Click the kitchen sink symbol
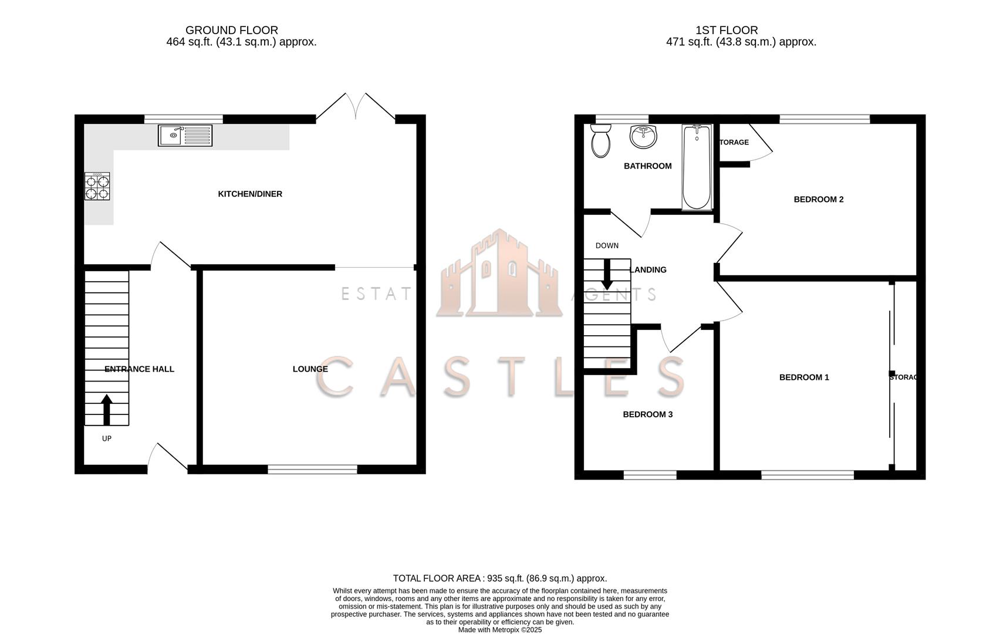coord(185,136)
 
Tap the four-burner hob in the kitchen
coord(97,187)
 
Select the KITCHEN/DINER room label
coord(250,194)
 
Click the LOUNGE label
coord(310,369)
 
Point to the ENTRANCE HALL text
coord(139,369)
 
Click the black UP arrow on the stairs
coord(106,409)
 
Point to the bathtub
coord(697,167)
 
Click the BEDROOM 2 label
coord(818,199)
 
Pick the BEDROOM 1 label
coord(803,377)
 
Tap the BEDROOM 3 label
coord(647,414)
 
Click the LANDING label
coord(648,269)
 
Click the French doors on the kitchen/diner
coord(356,109)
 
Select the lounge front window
coord(312,469)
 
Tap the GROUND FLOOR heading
coord(231,30)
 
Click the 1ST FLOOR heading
coord(727,30)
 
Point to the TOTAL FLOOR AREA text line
coord(499,578)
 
